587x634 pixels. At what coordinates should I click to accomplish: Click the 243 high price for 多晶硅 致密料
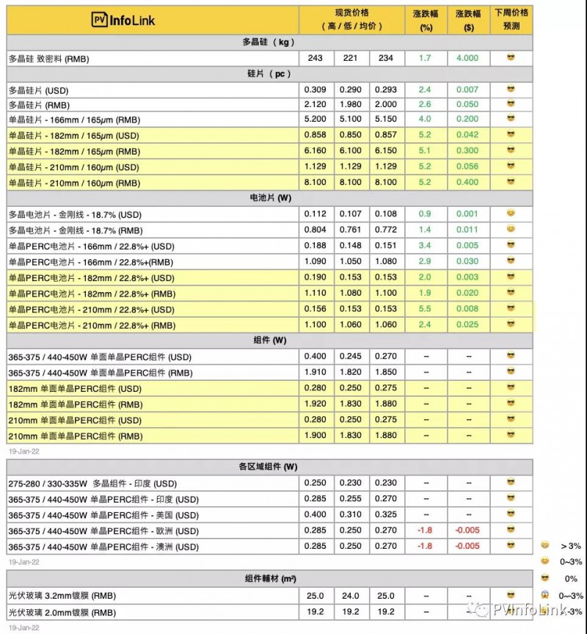316,58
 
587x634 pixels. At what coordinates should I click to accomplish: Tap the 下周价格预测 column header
511,19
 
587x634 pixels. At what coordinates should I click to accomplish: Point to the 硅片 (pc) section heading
269,73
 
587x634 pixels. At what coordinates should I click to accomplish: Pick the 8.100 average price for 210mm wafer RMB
386,183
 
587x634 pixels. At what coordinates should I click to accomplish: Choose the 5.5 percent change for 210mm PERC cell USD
425,309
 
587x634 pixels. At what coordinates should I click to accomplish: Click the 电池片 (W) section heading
269,198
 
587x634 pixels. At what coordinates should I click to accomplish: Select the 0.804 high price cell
316,230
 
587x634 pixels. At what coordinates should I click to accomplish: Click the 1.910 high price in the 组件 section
316,373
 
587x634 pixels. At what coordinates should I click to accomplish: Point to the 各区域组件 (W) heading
269,467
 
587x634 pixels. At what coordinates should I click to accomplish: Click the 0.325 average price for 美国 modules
386,515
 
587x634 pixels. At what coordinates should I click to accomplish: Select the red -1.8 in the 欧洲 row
425,531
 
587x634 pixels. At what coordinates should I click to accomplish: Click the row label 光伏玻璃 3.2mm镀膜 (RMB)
62,595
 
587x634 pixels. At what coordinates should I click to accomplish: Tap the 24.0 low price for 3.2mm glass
351,595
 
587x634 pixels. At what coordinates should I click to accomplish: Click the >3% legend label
570,546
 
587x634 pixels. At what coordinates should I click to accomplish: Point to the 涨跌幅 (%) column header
425,19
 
